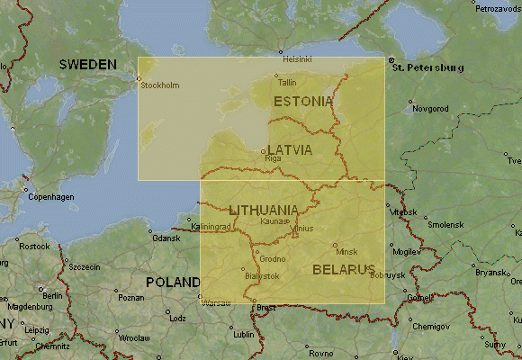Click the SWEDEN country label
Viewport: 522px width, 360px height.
[x=87, y=64]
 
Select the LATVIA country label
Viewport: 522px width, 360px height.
[x=289, y=149]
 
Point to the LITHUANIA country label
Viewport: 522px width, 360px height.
[x=264, y=209]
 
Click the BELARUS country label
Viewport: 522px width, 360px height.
[x=343, y=269]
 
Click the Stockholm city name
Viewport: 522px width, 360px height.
[x=162, y=85]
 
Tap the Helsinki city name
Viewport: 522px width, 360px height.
[x=297, y=59]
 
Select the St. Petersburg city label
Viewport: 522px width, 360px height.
[x=427, y=67]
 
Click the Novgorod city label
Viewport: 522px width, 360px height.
[x=430, y=109]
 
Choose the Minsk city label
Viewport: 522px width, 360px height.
[x=346, y=251]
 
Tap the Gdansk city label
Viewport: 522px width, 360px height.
[x=166, y=238]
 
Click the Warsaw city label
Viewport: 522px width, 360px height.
[x=216, y=301]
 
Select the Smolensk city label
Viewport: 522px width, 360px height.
[x=445, y=224]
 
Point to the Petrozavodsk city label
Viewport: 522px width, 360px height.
[x=499, y=8]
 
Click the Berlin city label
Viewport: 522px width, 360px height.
[x=50, y=295]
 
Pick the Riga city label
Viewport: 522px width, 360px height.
[x=274, y=158]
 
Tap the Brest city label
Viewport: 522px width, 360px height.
[x=266, y=308]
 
